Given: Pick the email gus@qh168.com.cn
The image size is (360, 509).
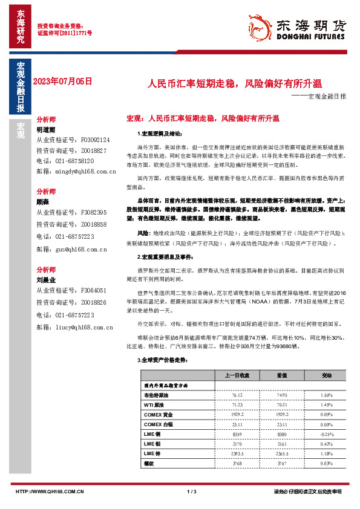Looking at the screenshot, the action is [72, 249].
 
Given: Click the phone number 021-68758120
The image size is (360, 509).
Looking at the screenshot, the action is [65, 161].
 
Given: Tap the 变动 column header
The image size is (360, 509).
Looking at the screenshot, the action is [326, 375].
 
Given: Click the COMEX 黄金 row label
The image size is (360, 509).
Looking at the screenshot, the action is [159, 414].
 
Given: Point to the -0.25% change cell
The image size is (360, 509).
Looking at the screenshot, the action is [326, 434].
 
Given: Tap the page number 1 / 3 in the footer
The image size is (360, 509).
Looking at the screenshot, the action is [192, 492].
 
